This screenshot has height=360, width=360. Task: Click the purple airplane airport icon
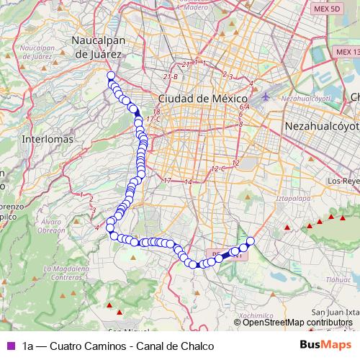tap(269, 96)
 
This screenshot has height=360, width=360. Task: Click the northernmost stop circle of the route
tap(111, 76)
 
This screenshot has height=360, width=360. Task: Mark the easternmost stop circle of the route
tap(251, 240)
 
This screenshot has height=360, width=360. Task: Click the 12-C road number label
tap(218, 168)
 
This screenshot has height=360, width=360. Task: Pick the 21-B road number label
tap(171, 76)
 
